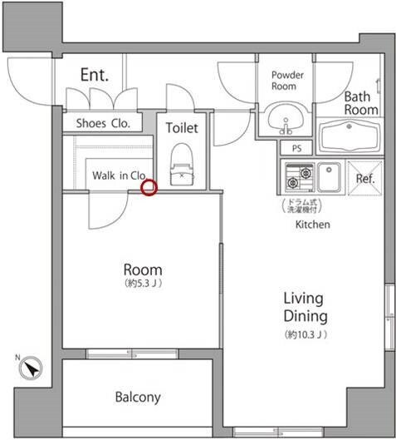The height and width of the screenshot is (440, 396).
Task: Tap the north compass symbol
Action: pos(31,368)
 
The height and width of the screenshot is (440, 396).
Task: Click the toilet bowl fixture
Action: pos(182,165)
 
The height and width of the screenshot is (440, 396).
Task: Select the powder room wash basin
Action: pos(286,119)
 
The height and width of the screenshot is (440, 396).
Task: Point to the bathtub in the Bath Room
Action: pos(349,136)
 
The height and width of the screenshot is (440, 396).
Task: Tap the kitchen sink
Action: pos(329,177)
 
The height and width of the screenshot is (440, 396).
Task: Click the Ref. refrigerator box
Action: pos(365,178)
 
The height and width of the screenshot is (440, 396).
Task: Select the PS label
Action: pos(297,148)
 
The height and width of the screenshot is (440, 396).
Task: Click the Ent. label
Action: pos(95,75)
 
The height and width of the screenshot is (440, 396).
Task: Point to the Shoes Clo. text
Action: pos(103,123)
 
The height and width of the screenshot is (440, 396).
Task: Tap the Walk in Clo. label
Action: pos(120,176)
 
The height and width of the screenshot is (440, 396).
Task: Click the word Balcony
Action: pos(138,397)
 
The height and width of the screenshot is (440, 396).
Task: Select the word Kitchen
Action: pos(313,225)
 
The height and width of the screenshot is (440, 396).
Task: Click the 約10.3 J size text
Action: pos(306,334)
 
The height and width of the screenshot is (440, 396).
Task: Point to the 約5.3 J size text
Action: pos(143,284)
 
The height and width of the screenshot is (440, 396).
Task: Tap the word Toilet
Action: pos(182,128)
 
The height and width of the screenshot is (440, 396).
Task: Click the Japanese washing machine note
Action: pos(302,205)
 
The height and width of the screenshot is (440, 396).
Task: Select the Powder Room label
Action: pos(287,81)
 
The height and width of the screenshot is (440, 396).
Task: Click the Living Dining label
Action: pos(306,307)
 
